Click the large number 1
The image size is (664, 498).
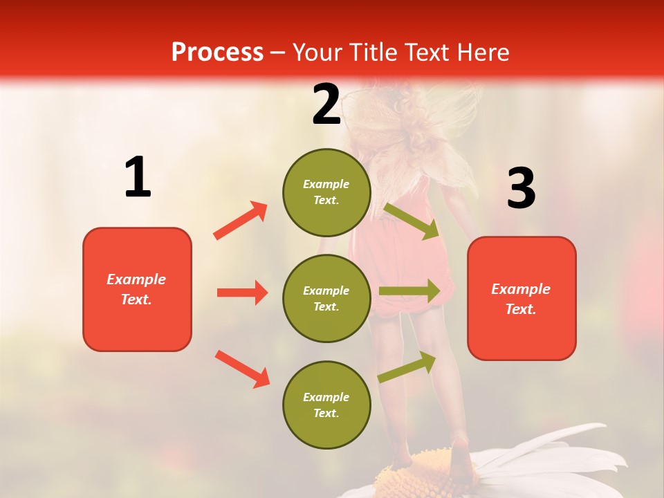(x=138, y=178)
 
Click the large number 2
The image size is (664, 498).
(x=326, y=104)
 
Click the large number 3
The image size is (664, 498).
(x=521, y=188)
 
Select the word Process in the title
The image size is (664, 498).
(x=217, y=52)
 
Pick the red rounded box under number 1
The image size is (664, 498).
(x=137, y=289)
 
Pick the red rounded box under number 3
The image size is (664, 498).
(x=522, y=298)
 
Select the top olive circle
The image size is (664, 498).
(x=326, y=192)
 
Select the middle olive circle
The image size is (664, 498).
(x=326, y=298)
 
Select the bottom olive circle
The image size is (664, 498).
(x=326, y=405)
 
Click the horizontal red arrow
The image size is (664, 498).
(x=242, y=293)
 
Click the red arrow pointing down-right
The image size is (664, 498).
(x=242, y=369)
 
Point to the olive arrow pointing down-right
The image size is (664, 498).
(x=412, y=221)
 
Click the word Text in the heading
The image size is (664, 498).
(x=424, y=52)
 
